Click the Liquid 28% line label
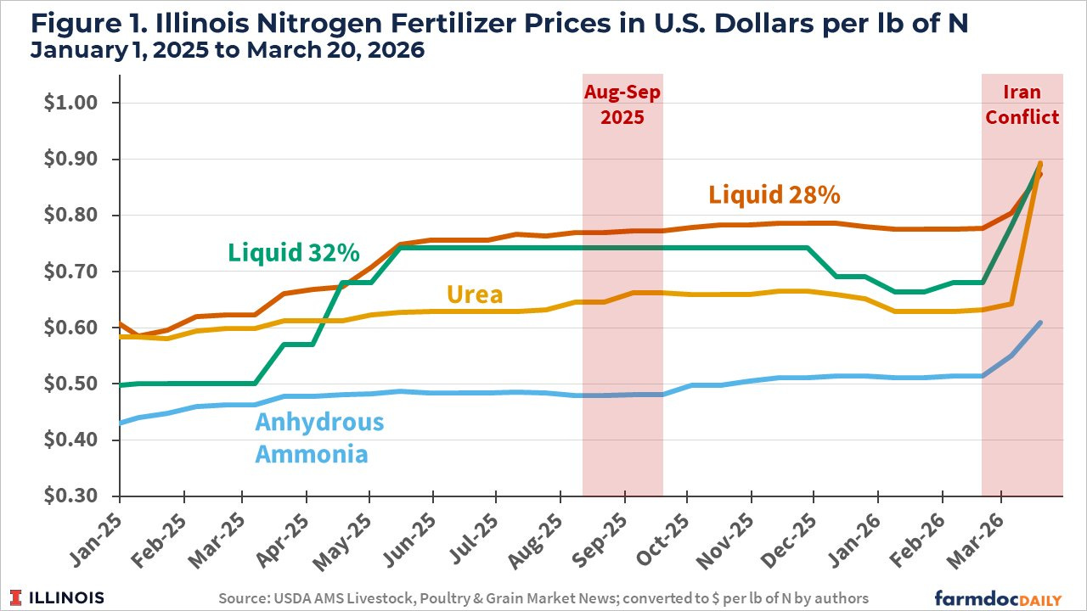774,195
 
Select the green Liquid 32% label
293,253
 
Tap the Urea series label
474,294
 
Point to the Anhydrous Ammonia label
319,438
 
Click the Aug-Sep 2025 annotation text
622,104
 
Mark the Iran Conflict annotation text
1022,104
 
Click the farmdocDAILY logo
999,597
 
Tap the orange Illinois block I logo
18,597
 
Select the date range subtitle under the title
227,50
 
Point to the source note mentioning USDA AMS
543,598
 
